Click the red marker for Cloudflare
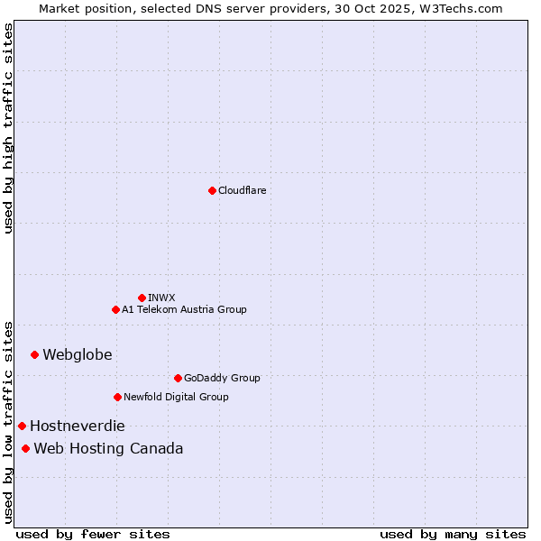212,190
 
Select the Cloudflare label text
242,190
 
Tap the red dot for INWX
142,298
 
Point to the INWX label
161,298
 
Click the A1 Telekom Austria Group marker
115,309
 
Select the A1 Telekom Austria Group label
184,309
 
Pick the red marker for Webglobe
34,354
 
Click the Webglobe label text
78,354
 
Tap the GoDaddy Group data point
178,378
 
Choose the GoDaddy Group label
222,378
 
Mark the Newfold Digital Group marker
117,397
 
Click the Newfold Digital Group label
176,397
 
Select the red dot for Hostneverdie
22,426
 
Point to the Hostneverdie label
78,426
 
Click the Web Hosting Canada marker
25,448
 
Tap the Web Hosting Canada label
108,448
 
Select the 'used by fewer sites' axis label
93,534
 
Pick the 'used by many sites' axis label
453,534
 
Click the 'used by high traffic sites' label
8,128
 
